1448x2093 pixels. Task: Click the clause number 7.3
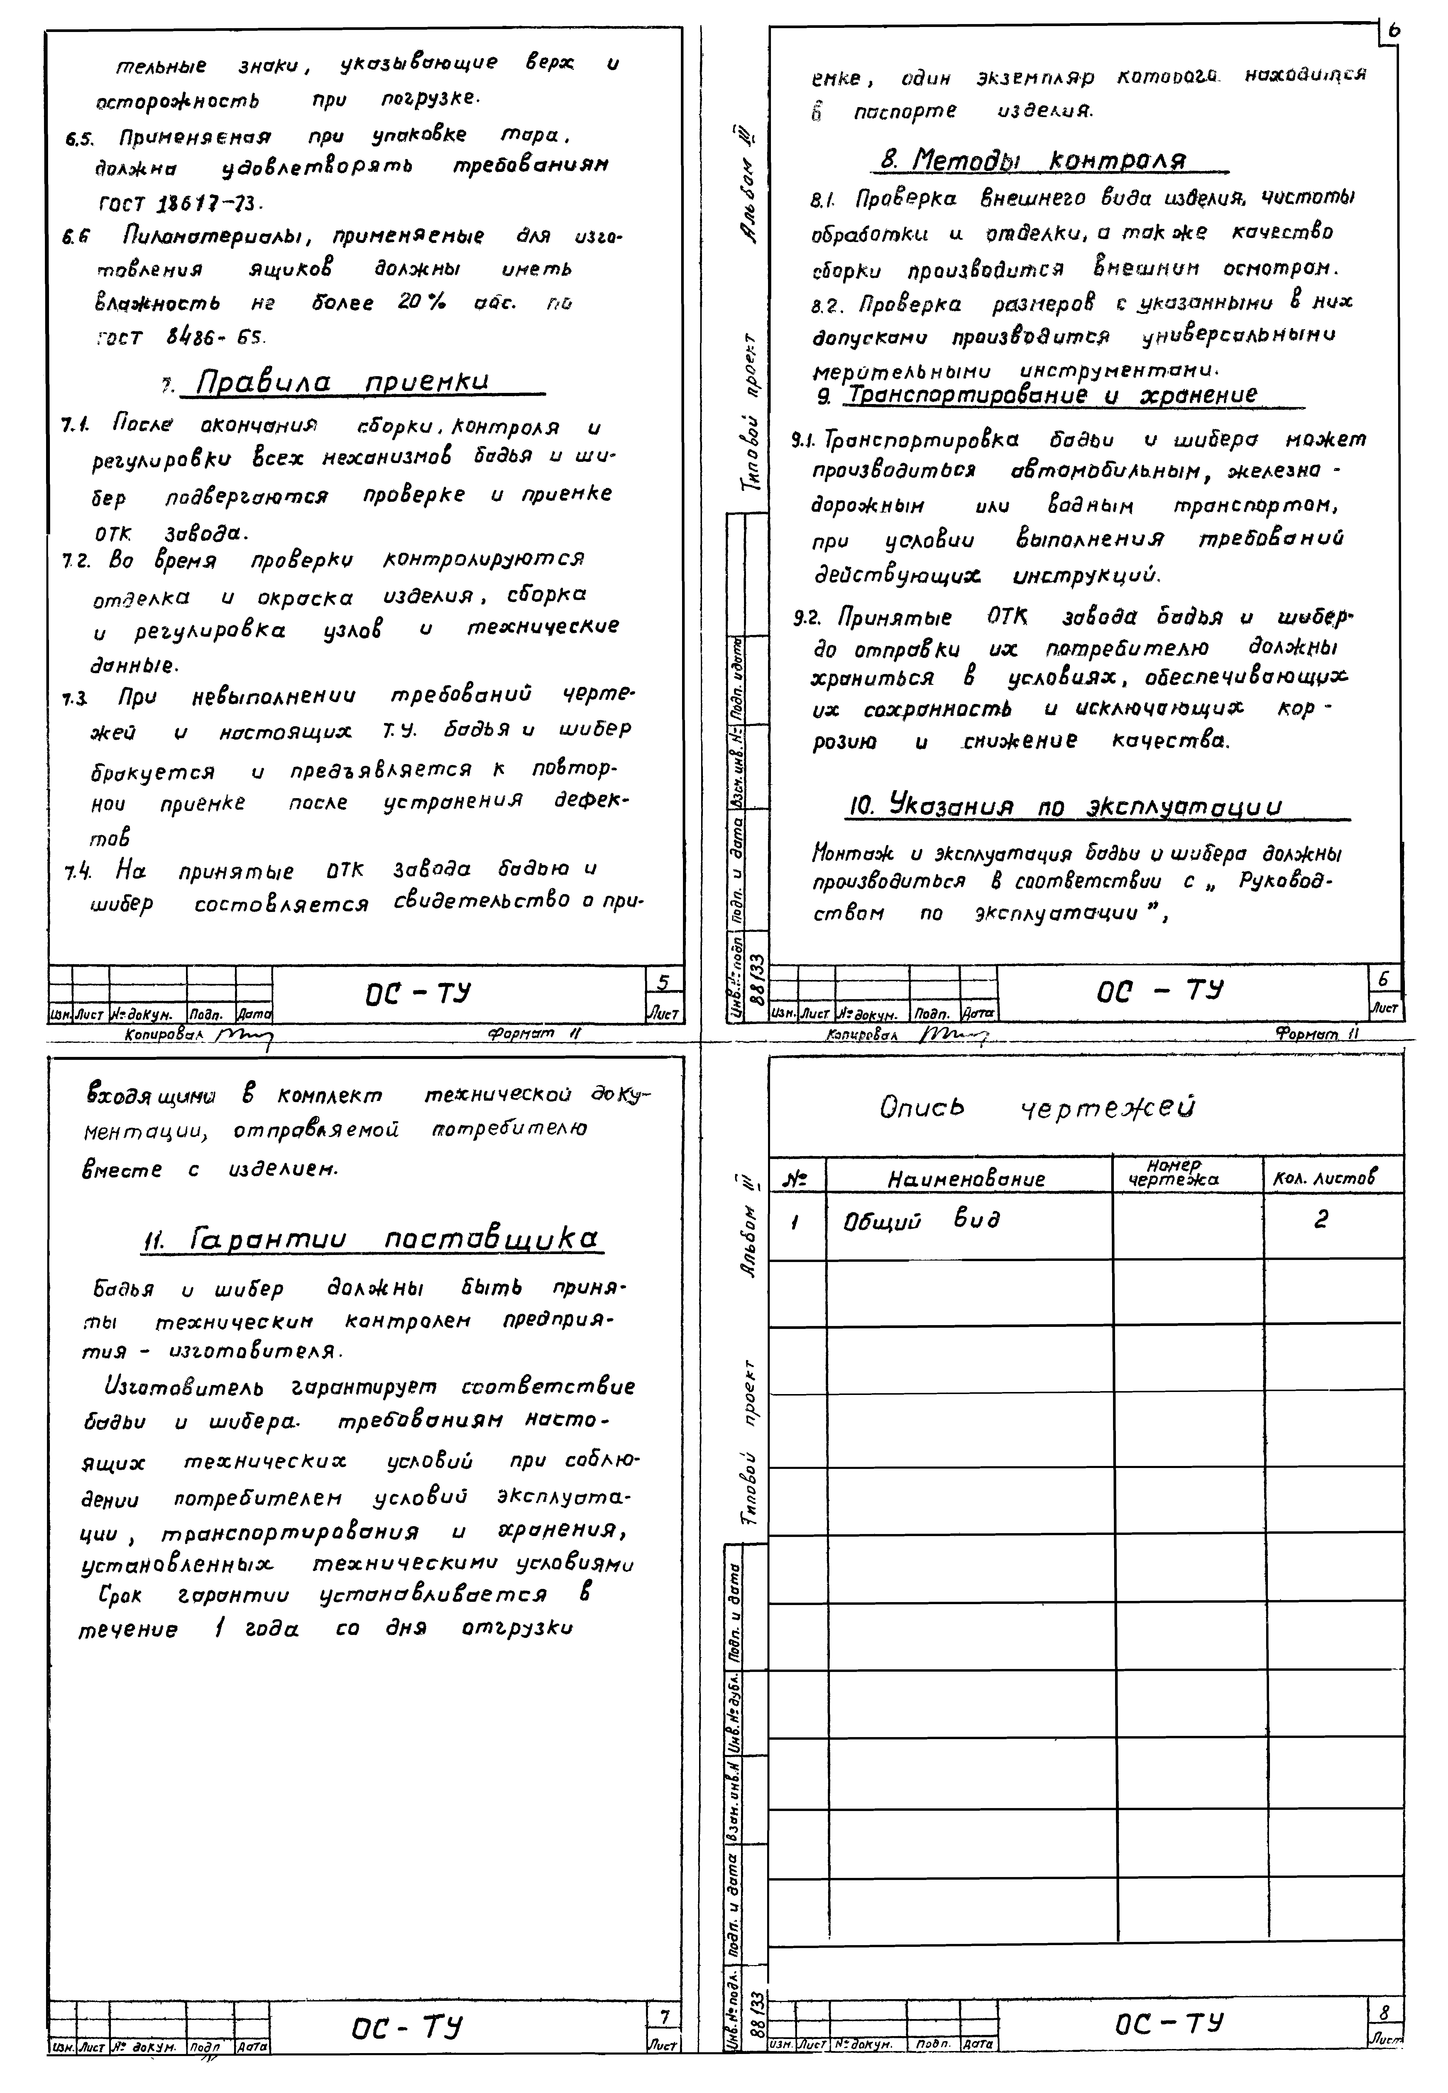coord(75,700)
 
